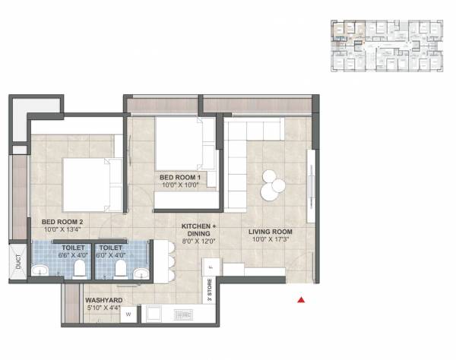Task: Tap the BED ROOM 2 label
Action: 62,222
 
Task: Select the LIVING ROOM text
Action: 271,232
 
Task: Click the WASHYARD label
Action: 103,300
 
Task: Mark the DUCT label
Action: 17,262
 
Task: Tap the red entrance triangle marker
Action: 302,300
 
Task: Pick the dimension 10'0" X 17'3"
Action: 271,240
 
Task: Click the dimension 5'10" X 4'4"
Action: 103,309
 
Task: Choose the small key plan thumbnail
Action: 386,46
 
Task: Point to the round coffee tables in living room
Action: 271,182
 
